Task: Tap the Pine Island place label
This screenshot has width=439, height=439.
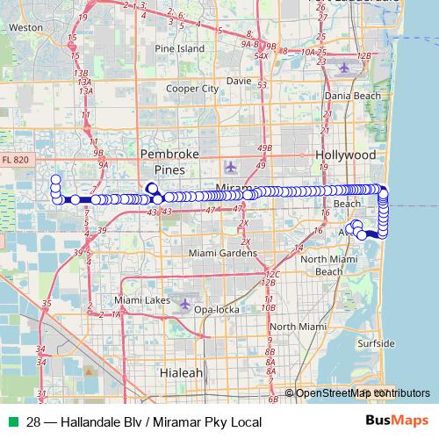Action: (x=179, y=49)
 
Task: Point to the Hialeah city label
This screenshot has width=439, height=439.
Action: (x=181, y=372)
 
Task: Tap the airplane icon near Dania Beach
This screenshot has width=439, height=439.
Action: (x=343, y=67)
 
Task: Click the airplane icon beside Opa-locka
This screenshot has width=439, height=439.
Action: (x=184, y=304)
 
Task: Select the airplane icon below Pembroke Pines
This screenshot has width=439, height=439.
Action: (x=231, y=166)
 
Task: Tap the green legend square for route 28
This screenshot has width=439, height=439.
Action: (x=11, y=422)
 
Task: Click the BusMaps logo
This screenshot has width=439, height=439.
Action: (x=399, y=421)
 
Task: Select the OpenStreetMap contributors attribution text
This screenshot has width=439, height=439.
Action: (x=362, y=392)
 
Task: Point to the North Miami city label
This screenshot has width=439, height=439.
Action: (x=295, y=327)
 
